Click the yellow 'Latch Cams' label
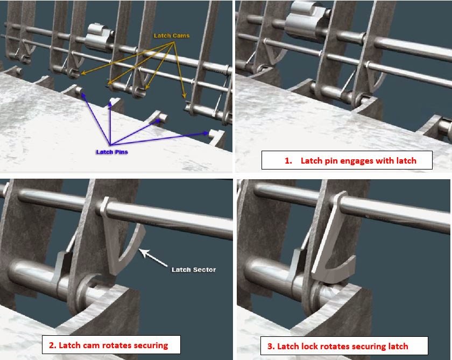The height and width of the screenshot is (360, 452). point(172,36)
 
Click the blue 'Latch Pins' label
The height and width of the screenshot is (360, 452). point(112,152)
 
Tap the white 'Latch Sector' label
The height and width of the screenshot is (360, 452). point(194,270)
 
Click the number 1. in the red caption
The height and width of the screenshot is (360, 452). point(288,161)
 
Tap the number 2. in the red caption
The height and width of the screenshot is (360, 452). point(53,345)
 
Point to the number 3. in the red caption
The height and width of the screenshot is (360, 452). point(271,346)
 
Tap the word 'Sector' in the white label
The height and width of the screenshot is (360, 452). point(204,270)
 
